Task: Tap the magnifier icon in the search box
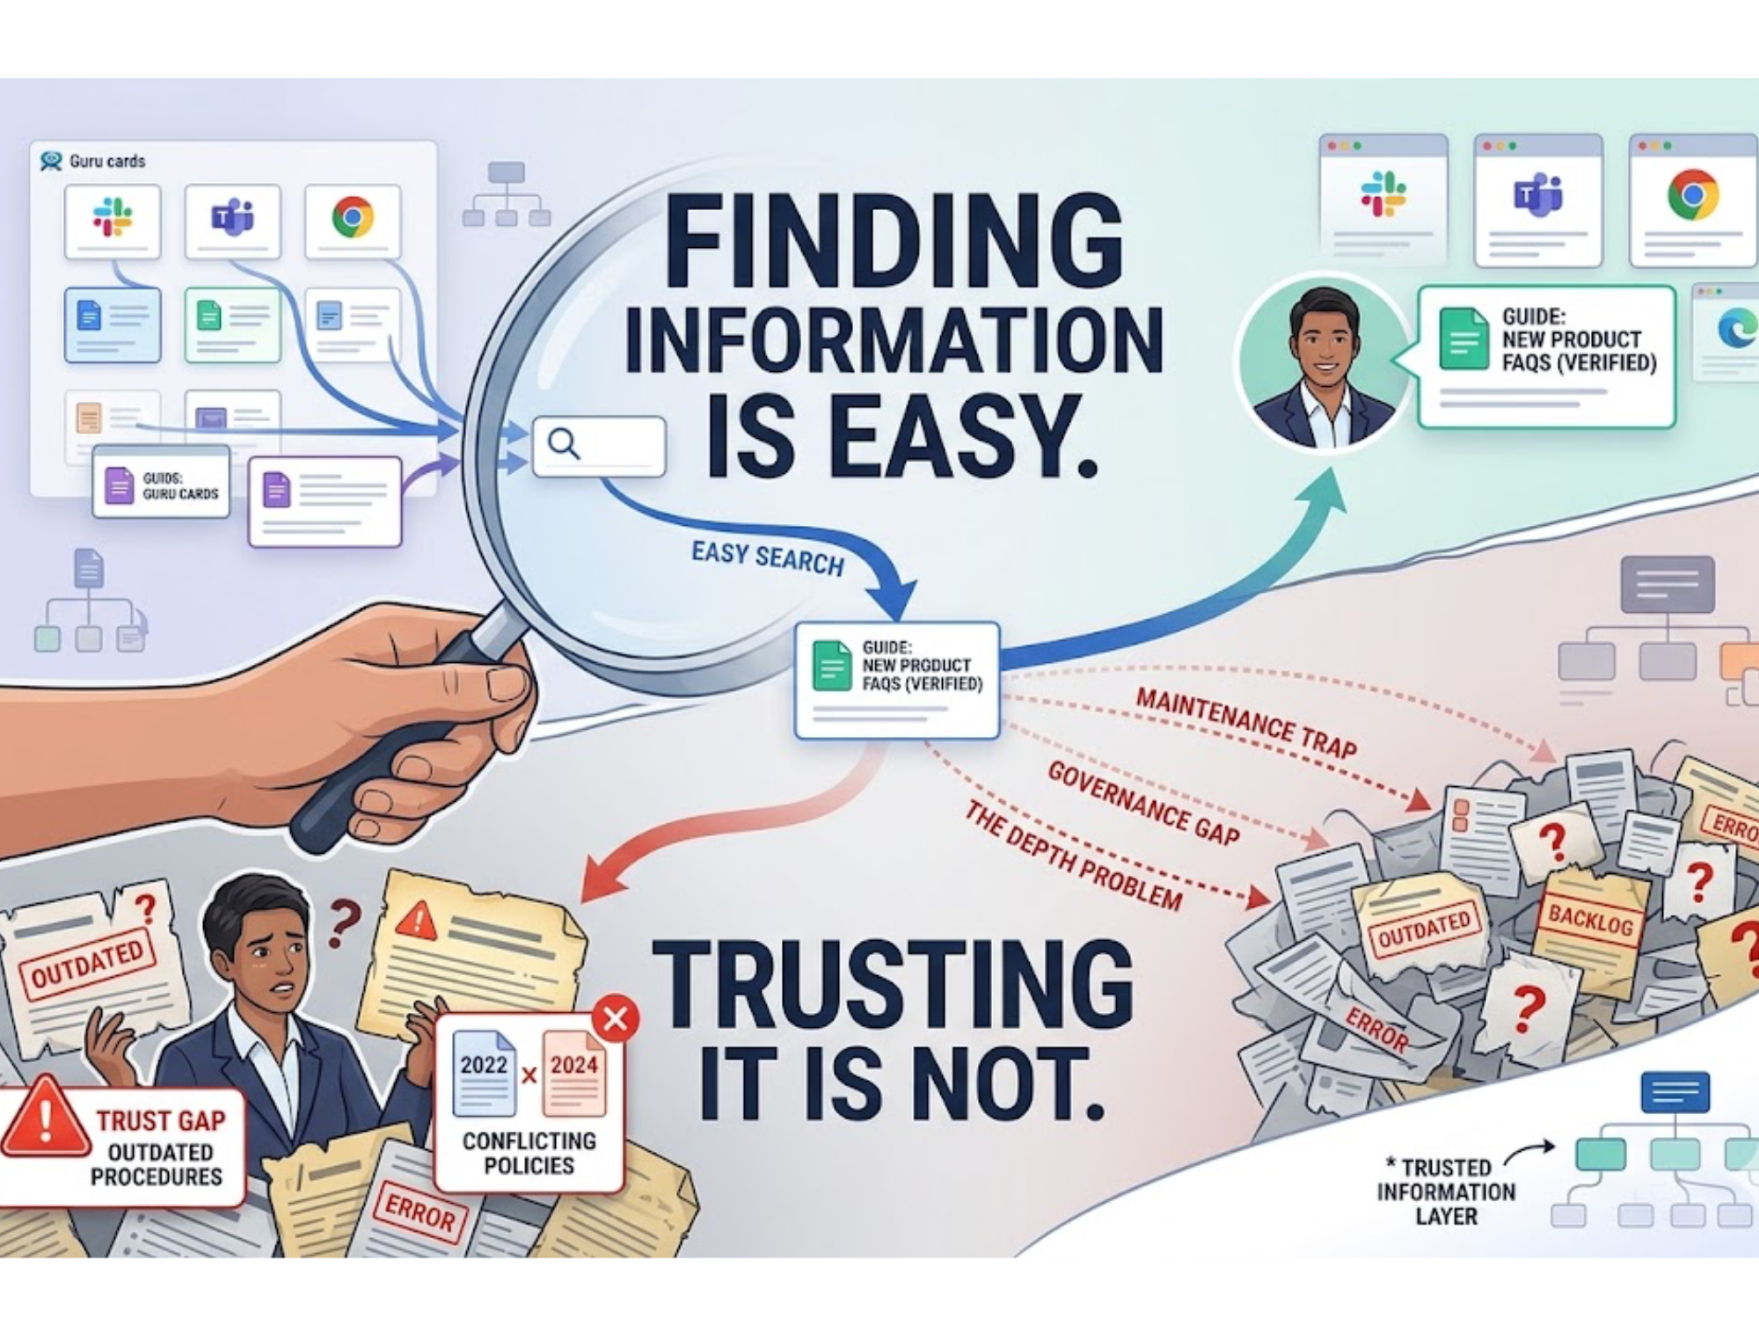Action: tap(564, 444)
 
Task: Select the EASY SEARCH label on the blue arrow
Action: tap(767, 558)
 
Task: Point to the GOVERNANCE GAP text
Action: tap(1143, 803)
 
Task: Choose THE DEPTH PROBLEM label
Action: tap(1073, 856)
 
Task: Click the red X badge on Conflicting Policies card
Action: tap(616, 1019)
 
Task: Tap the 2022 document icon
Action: tap(484, 1071)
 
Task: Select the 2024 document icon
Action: tap(574, 1071)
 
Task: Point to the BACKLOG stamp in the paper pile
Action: tap(1590, 919)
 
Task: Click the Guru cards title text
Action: tap(107, 161)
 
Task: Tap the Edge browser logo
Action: tap(1735, 330)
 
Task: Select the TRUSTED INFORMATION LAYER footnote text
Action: tap(1446, 1191)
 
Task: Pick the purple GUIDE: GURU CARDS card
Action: tap(162, 485)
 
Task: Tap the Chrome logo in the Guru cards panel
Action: tap(353, 217)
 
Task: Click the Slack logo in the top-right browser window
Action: tap(1383, 194)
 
